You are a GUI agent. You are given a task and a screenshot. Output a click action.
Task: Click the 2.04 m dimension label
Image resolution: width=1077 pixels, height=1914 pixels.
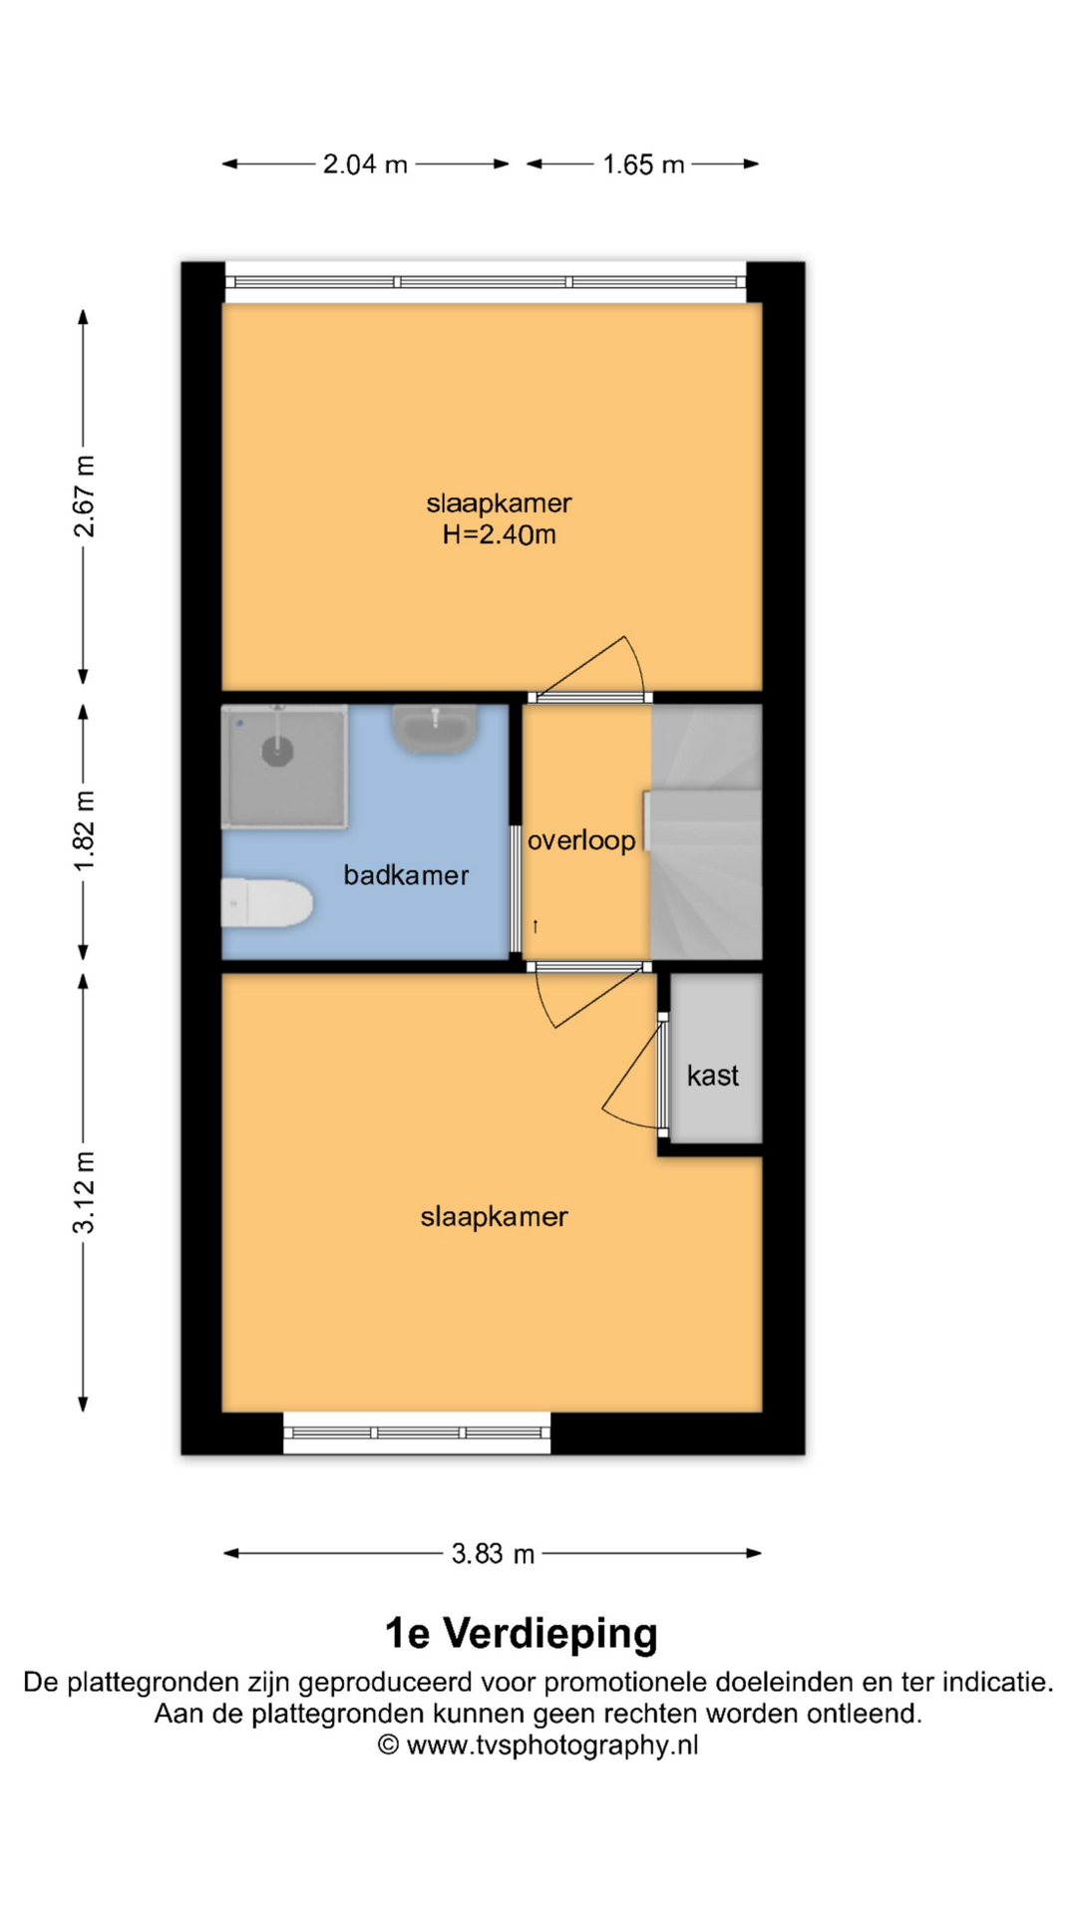[x=365, y=164]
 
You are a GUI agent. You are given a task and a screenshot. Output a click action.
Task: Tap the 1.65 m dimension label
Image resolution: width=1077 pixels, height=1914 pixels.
[x=643, y=164]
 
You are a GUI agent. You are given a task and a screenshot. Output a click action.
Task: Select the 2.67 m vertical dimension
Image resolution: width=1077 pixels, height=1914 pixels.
[x=84, y=496]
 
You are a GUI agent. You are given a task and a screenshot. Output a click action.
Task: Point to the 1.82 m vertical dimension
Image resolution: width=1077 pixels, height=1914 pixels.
[x=84, y=831]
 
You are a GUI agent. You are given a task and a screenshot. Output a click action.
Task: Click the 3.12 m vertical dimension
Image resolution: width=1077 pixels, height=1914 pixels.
[x=84, y=1192]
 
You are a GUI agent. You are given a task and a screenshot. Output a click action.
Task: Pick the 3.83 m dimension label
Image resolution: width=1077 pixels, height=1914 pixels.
[x=493, y=1553]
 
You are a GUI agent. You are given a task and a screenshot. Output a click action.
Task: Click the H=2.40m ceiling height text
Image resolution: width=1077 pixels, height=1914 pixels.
[x=500, y=535]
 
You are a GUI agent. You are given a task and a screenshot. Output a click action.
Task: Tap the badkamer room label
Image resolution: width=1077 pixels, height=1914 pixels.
[x=406, y=875]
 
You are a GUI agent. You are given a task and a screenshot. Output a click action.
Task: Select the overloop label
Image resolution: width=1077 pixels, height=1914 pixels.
[x=581, y=841]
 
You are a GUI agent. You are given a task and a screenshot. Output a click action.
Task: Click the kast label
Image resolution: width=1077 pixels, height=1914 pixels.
[x=713, y=1076]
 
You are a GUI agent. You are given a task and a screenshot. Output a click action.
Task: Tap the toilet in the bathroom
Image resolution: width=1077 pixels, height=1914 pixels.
[x=266, y=903]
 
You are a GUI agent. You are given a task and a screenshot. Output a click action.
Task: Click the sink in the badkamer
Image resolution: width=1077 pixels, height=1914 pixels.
[x=435, y=729]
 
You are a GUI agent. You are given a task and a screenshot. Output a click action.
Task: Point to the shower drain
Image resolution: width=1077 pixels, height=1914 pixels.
[x=277, y=751]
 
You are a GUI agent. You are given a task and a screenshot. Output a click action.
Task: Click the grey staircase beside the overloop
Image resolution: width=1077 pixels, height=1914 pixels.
[x=706, y=832]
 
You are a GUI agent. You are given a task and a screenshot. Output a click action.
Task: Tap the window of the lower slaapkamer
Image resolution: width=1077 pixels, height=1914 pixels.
[x=417, y=1433]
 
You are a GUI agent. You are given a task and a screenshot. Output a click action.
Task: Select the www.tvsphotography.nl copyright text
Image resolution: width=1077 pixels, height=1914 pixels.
[x=538, y=1746]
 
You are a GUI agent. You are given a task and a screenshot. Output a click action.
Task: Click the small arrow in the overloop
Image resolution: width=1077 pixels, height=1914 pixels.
[x=536, y=926]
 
